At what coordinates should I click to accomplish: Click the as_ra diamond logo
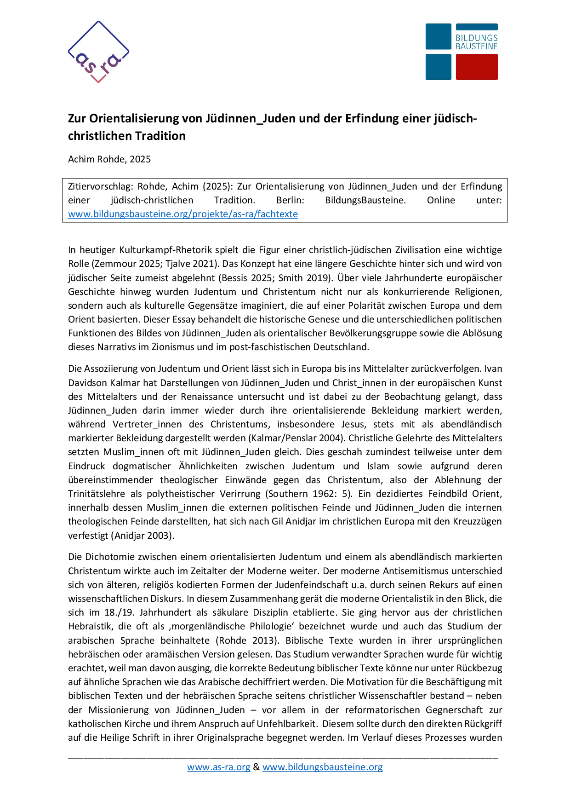pyautogui.click(x=98, y=52)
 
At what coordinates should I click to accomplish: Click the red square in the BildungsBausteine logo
pyautogui.click(x=477, y=67)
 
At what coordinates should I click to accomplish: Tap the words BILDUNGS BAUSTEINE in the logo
pyautogui.click(x=476, y=42)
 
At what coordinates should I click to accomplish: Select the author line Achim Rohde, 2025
pyautogui.click(x=109, y=159)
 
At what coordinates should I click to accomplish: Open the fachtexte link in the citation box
pyautogui.click(x=182, y=214)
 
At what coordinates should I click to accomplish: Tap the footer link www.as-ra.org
pyautogui.click(x=218, y=767)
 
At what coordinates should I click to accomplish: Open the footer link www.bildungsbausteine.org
pyautogui.click(x=322, y=767)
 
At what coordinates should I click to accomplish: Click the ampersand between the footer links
pyautogui.click(x=256, y=767)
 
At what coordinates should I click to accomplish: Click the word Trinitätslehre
pyautogui.click(x=97, y=494)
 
